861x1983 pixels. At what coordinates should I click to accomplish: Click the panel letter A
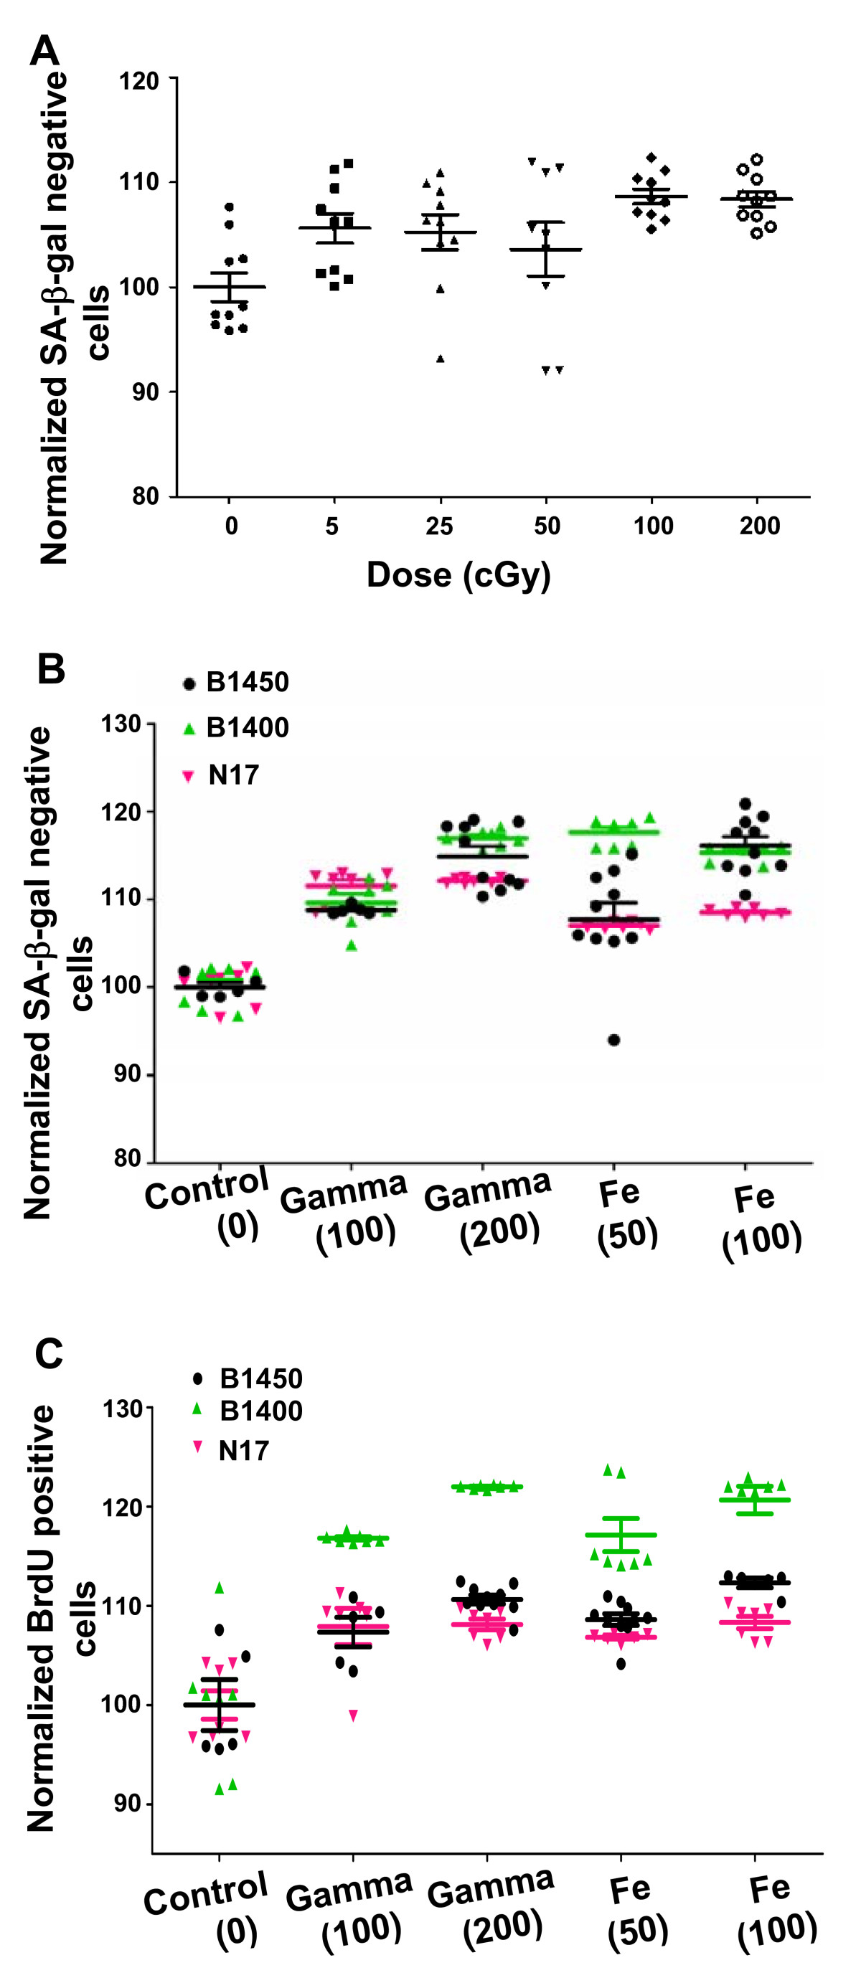coord(44,52)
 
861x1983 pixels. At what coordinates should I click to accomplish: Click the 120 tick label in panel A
coord(138,81)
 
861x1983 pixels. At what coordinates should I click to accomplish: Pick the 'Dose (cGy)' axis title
coord(458,575)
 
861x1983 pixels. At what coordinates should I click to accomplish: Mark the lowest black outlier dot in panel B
coord(613,1040)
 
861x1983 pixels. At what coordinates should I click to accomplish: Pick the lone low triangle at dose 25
coord(441,359)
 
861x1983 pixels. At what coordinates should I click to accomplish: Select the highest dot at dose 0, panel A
coord(229,207)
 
